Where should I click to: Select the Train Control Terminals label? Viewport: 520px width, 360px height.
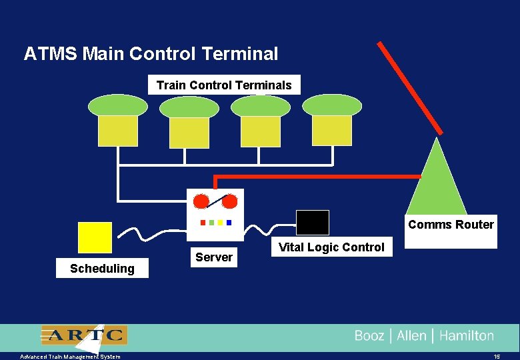[224, 85]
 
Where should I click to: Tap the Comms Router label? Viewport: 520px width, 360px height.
[451, 225]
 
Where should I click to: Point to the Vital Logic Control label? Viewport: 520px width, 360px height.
[331, 247]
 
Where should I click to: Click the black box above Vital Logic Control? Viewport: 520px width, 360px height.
[313, 223]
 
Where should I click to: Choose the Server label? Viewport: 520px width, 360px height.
[214, 257]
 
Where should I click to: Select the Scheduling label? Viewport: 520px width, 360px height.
[102, 269]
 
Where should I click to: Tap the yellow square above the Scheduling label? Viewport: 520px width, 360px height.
[95, 238]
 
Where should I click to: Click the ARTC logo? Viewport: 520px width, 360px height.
[84, 335]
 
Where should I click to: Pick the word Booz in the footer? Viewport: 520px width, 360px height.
[369, 336]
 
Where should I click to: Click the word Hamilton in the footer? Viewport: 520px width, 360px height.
[467, 336]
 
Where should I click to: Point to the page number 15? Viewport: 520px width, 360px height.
[497, 357]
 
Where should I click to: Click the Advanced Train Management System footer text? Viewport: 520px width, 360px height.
[70, 357]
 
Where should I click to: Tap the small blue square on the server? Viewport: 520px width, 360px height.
[229, 222]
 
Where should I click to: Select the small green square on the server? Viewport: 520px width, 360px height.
[211, 222]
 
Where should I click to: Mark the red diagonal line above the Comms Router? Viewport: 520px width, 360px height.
[409, 87]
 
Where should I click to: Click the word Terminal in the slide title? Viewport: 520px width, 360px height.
[239, 54]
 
